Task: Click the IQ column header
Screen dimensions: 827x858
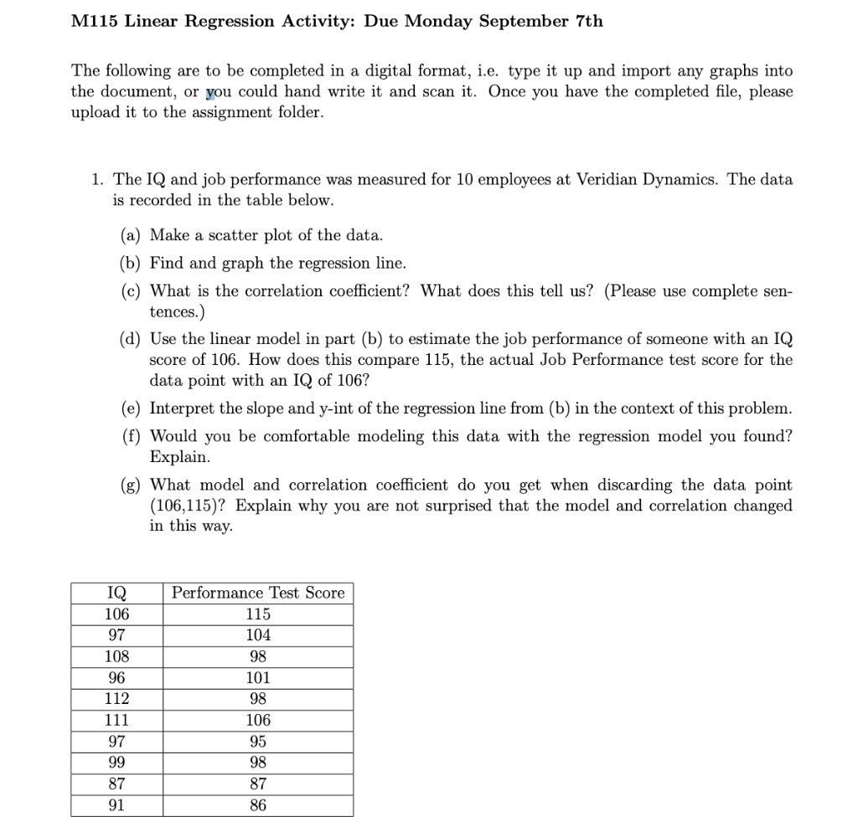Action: point(116,593)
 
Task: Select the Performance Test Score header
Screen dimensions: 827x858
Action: point(258,593)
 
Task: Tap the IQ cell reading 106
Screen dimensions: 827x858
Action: point(116,614)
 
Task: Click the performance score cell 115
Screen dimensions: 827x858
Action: point(258,614)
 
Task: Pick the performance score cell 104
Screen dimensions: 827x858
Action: point(258,634)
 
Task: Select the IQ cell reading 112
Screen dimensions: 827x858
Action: point(116,699)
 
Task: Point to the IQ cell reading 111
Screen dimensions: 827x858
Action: point(116,720)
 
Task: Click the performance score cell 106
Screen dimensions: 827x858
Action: point(258,720)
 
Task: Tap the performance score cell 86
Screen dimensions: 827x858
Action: point(258,805)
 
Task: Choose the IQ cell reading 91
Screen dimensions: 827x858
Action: point(116,805)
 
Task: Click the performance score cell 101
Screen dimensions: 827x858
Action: point(258,677)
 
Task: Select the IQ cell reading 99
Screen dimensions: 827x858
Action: point(116,763)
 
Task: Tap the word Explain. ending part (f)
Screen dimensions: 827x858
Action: point(179,457)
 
